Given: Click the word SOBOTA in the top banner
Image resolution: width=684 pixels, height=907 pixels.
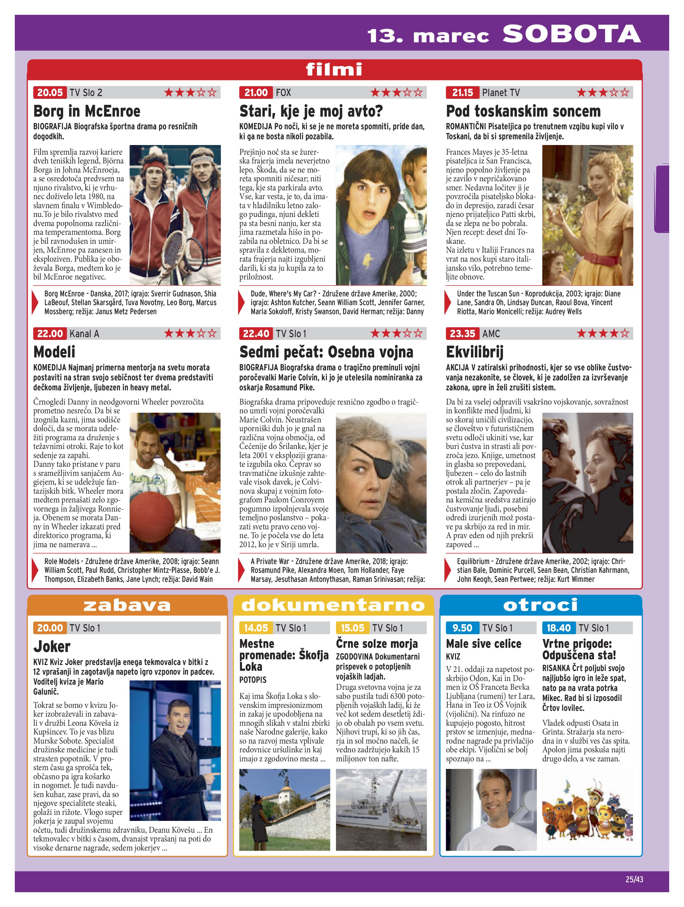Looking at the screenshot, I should [x=571, y=34].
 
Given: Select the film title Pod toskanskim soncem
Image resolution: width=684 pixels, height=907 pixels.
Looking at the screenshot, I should [x=523, y=111].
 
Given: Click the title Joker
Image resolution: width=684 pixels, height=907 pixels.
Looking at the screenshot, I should [x=52, y=647].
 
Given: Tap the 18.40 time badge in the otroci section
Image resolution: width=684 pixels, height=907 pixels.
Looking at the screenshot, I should [x=558, y=628].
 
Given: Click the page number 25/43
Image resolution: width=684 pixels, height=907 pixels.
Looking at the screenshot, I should [x=634, y=879].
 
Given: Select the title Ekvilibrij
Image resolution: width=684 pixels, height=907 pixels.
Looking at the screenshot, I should [x=474, y=352].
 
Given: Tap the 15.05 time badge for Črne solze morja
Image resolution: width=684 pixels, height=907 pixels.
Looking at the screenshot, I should [x=352, y=628].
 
